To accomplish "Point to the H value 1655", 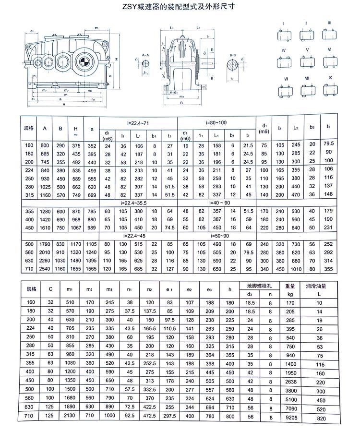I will point(76,270).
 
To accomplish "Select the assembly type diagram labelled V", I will point(306,62).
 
